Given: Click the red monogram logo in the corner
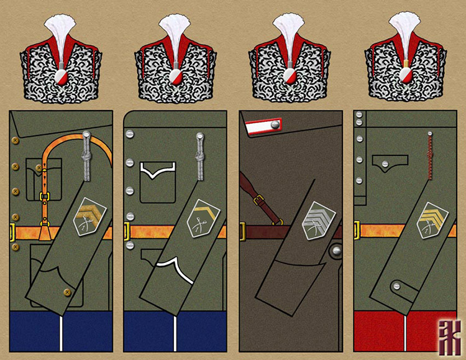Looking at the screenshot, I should point(448,339).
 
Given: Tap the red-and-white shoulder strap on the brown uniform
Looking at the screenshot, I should point(263,127).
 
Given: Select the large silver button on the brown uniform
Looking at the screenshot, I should point(336,251).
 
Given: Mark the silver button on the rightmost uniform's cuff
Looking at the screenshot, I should point(395,285).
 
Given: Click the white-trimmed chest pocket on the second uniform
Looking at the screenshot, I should point(157,182).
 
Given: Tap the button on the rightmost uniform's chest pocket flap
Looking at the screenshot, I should point(385,164).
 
